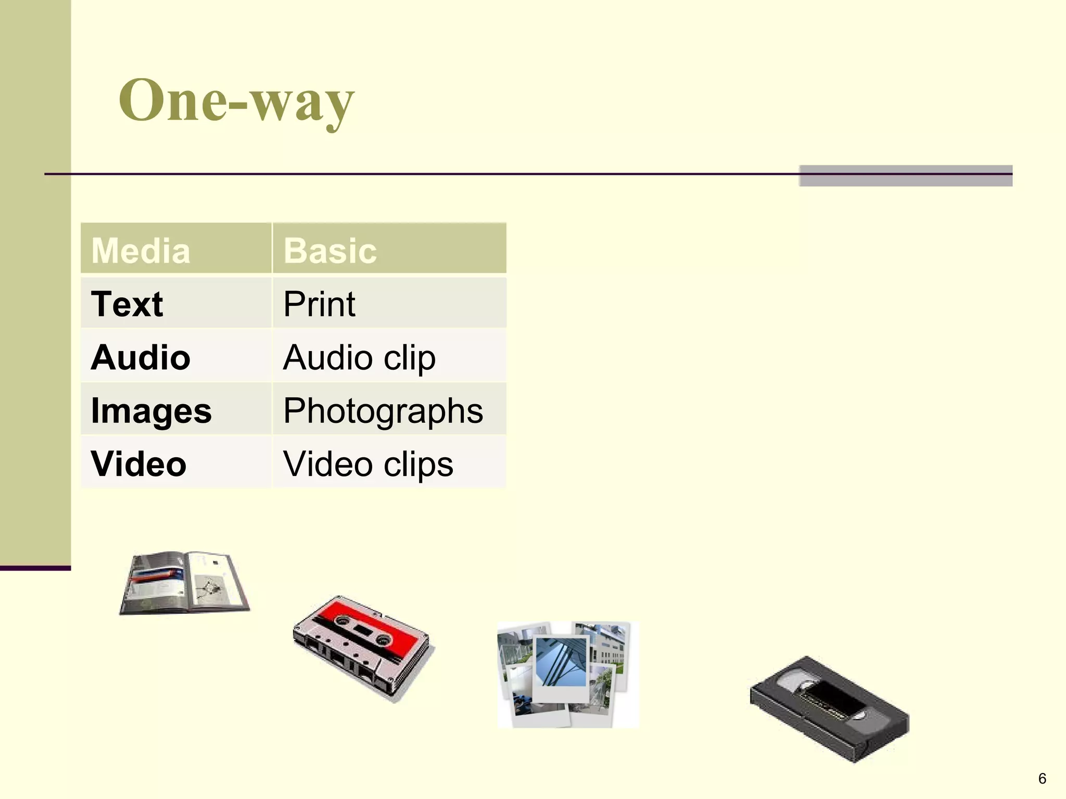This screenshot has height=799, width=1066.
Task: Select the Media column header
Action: (x=141, y=250)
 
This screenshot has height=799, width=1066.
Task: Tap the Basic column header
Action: (x=330, y=250)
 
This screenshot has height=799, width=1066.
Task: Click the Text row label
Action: (x=126, y=304)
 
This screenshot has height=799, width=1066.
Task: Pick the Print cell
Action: (x=319, y=304)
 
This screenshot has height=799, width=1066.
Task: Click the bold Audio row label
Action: (x=141, y=357)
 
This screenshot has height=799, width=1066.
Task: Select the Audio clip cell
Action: (x=359, y=357)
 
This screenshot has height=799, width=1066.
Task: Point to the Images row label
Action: (x=151, y=410)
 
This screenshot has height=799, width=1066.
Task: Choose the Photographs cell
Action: (x=383, y=410)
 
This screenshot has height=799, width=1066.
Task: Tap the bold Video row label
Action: (x=138, y=463)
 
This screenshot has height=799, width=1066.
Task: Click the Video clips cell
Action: (x=368, y=463)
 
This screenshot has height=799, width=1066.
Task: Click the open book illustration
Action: (x=184, y=583)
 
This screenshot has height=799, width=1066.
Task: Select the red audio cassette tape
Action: (x=363, y=648)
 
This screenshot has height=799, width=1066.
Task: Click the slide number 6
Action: (x=1042, y=778)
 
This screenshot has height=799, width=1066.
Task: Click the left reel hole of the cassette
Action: (x=343, y=620)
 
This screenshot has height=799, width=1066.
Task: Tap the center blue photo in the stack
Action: (x=561, y=662)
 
